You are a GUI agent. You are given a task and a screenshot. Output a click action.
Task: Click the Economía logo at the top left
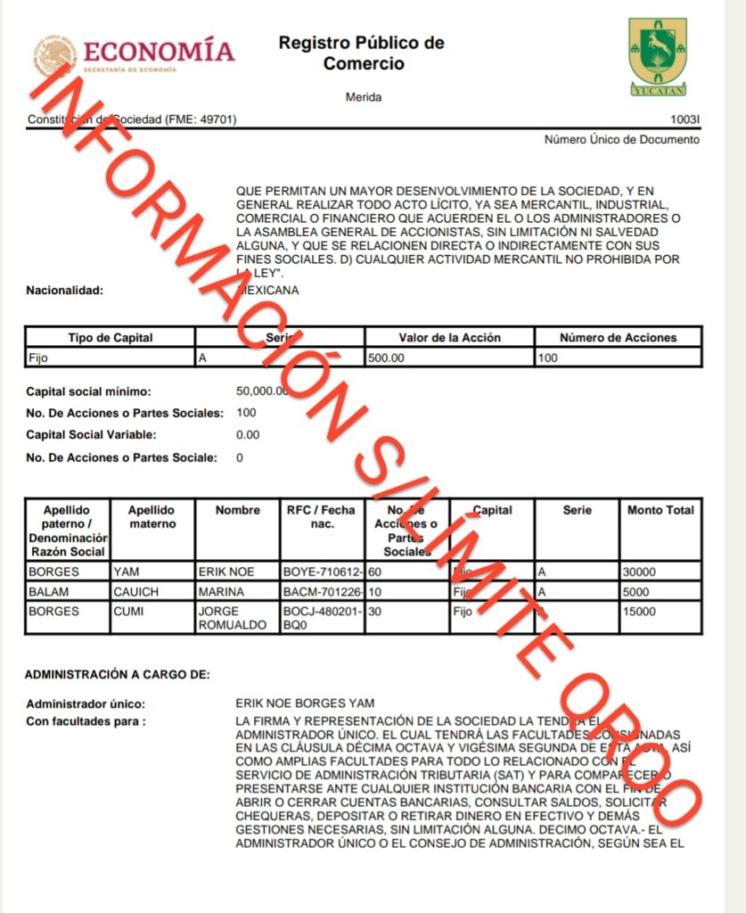(134, 55)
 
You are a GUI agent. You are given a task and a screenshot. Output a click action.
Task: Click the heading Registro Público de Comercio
(361, 53)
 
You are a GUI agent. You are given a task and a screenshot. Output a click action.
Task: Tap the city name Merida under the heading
(363, 97)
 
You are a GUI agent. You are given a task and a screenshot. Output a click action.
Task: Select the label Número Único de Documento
(621, 139)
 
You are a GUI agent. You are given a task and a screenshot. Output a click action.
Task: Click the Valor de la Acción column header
(449, 338)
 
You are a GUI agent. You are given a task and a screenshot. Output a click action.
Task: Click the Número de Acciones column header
(618, 338)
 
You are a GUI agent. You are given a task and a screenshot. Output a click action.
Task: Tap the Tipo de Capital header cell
(110, 338)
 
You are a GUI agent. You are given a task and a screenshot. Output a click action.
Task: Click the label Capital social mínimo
(88, 391)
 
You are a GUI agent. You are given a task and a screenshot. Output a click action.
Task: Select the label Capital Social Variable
(91, 435)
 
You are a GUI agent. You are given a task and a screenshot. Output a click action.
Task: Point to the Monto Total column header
(660, 510)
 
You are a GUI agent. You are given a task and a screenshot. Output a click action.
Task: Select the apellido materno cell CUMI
(129, 612)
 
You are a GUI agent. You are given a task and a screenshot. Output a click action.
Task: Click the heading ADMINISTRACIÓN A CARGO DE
(117, 674)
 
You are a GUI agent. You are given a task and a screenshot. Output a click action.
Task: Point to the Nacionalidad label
(65, 290)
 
